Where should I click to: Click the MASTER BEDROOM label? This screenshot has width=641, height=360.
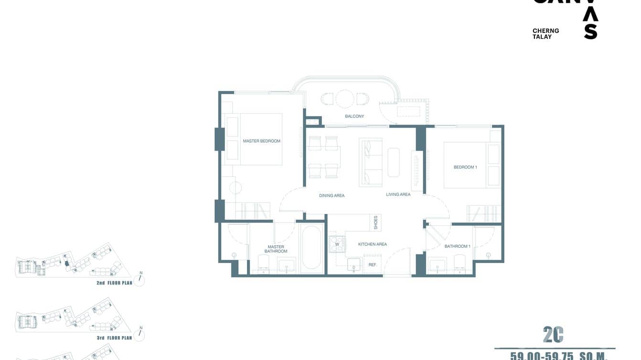pyautogui.click(x=261, y=141)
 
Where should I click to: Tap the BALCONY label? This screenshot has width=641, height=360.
pyautogui.click(x=354, y=116)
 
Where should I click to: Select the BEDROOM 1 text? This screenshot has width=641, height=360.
pyautogui.click(x=465, y=167)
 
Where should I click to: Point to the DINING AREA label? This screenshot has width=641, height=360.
pyautogui.click(x=331, y=196)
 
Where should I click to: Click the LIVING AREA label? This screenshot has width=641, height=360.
pyautogui.click(x=398, y=194)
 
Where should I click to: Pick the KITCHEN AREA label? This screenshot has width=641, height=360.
pyautogui.click(x=373, y=244)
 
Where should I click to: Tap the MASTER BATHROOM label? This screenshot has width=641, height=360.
pyautogui.click(x=276, y=249)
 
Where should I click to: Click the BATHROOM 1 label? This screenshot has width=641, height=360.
pyautogui.click(x=457, y=246)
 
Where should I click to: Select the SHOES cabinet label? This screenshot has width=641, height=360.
pyautogui.click(x=376, y=222)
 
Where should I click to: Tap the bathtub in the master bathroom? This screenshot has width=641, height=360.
pyautogui.click(x=312, y=248)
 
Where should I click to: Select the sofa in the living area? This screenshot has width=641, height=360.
pyautogui.click(x=371, y=162)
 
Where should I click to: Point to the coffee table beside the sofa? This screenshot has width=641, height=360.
pyautogui.click(x=394, y=162)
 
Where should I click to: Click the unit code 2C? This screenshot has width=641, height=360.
pyautogui.click(x=553, y=335)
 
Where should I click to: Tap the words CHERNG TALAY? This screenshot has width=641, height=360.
pyautogui.click(x=545, y=33)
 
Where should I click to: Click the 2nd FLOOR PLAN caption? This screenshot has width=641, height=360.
pyautogui.click(x=114, y=283)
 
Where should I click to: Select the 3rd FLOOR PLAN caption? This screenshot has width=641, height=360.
pyautogui.click(x=114, y=338)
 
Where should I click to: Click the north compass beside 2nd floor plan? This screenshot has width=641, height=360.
pyautogui.click(x=139, y=280)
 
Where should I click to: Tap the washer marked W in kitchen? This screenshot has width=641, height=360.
pyautogui.click(x=337, y=244)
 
